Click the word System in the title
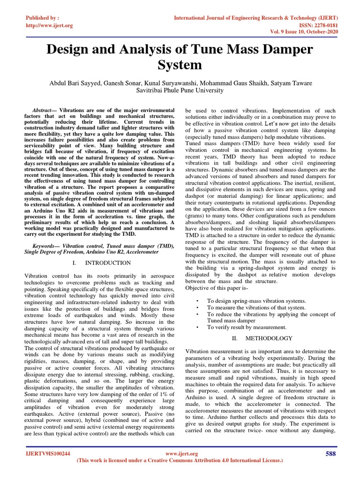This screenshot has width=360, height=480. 180,65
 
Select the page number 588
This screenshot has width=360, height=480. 330,453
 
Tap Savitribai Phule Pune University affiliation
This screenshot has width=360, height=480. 180,90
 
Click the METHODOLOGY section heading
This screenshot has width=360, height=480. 269,338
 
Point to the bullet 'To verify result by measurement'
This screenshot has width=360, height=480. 247,327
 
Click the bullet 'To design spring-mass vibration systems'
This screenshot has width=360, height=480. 256,301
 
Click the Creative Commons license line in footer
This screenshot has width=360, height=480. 180,461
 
